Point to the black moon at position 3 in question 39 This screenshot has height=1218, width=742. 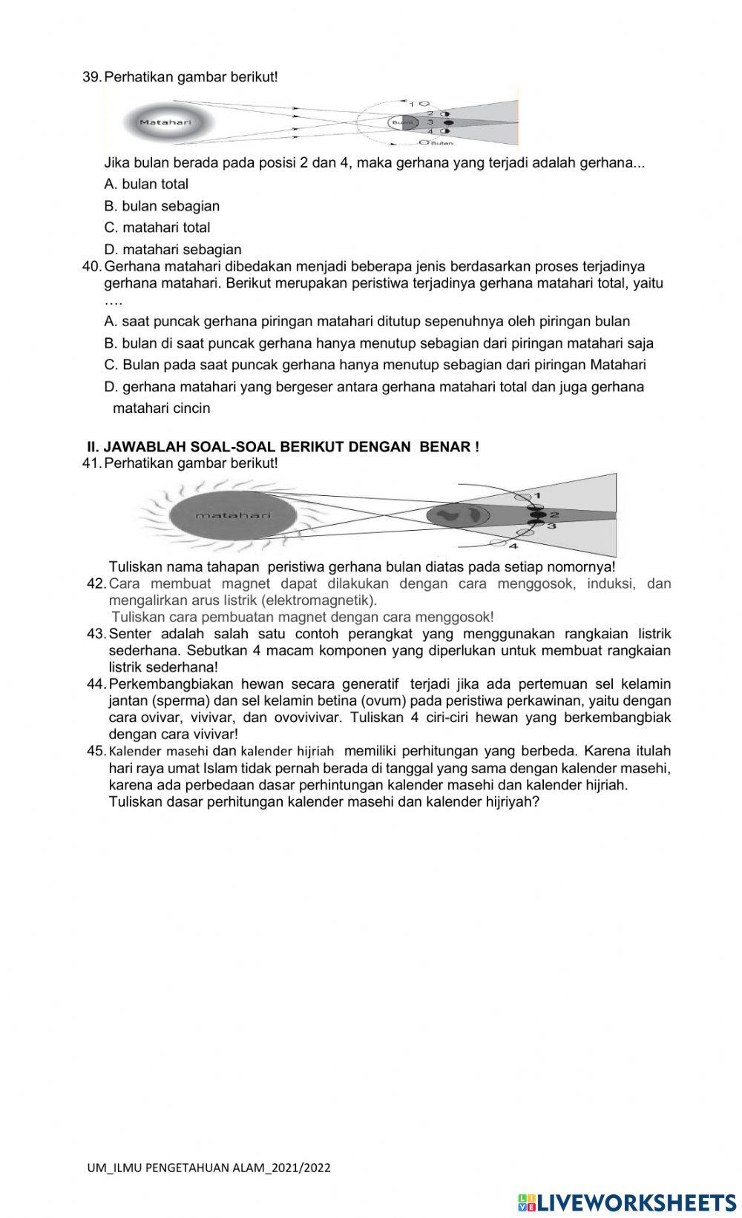coord(448,122)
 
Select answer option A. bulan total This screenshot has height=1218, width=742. coord(147,184)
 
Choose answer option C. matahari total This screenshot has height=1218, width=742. coord(157,228)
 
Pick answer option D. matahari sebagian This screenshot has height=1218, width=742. coord(173,250)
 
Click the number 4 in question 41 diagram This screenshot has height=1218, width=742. coord(513,545)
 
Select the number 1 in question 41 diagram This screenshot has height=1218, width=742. coord(537,494)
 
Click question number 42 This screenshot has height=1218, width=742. coord(96,583)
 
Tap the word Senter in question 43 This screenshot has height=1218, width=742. coord(130,634)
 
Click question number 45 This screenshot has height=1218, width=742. coord(96,751)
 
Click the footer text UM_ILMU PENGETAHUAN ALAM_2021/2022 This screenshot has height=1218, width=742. coord(209,1168)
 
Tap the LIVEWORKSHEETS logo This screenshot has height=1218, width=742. coord(626,1201)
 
